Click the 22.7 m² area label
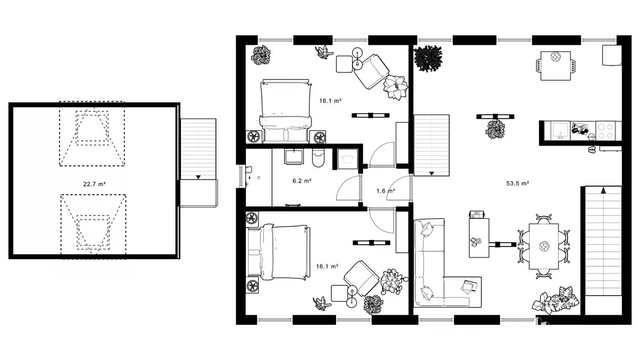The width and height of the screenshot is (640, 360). tap(94, 185)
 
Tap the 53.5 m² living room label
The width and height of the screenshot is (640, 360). tap(517, 183)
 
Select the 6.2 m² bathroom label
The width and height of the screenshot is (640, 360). tap(302, 181)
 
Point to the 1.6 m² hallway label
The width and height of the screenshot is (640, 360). tap(386, 191)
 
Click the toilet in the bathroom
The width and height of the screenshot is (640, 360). tap(318, 158)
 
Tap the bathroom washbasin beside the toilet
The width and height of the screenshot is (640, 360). tap(294, 157)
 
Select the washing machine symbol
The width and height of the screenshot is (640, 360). tap(347, 159)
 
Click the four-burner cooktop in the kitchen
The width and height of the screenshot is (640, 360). tap(605, 131)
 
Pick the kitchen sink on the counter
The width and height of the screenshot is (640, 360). tap(561, 131)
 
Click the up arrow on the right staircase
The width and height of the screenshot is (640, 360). tap(603, 190)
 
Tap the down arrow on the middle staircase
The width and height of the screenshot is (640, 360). tap(431, 173)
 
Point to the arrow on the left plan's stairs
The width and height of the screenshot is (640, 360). tap(198, 178)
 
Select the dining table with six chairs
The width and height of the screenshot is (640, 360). tap(543, 246)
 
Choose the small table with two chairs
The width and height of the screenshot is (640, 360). tap(555, 66)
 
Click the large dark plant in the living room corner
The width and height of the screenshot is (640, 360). tap(428, 58)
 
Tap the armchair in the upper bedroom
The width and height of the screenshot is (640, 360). tap(371, 71)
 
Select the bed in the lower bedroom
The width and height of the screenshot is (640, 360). tap(278, 252)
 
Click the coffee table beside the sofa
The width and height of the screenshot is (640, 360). tap(479, 238)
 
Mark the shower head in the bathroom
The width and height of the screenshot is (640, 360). tap(249, 170)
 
